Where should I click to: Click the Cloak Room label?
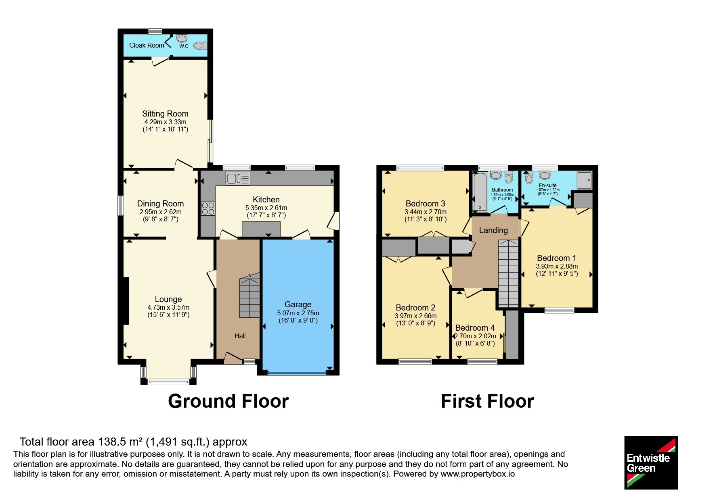click(x=147, y=45)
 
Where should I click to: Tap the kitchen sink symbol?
click(x=238, y=178)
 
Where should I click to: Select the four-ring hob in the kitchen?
click(x=208, y=208)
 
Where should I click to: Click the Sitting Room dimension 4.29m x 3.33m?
click(x=165, y=122)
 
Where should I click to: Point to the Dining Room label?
click(x=160, y=204)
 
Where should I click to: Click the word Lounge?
click(x=168, y=299)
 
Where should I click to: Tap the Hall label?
click(x=240, y=336)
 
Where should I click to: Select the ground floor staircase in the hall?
click(x=250, y=296)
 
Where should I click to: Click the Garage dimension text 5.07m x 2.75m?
click(x=298, y=313)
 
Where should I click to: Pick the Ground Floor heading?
click(x=228, y=401)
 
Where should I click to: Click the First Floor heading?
click(x=487, y=401)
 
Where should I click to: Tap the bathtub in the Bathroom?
click(x=480, y=191)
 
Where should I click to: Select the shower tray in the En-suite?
click(x=585, y=180)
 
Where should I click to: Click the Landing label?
click(x=493, y=230)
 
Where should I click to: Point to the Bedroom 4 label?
click(x=475, y=328)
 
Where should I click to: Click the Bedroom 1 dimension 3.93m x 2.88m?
click(x=557, y=266)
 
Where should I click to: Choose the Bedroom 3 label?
click(x=426, y=204)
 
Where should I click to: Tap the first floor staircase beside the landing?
click(x=508, y=273)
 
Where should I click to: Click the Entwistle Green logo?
click(x=651, y=463)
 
